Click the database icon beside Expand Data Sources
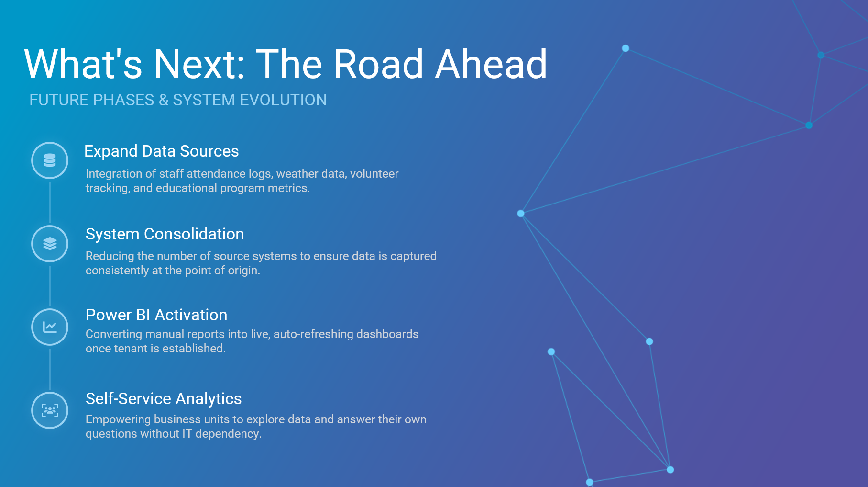(50, 160)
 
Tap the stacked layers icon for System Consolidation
(50, 244)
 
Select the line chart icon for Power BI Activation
(50, 327)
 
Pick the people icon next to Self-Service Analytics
(50, 410)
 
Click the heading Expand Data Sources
(161, 151)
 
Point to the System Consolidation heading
(165, 234)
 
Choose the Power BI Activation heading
(156, 315)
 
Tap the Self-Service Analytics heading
(164, 398)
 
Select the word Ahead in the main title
(491, 64)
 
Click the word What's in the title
(83, 64)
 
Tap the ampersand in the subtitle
(164, 100)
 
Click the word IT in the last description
(187, 433)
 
